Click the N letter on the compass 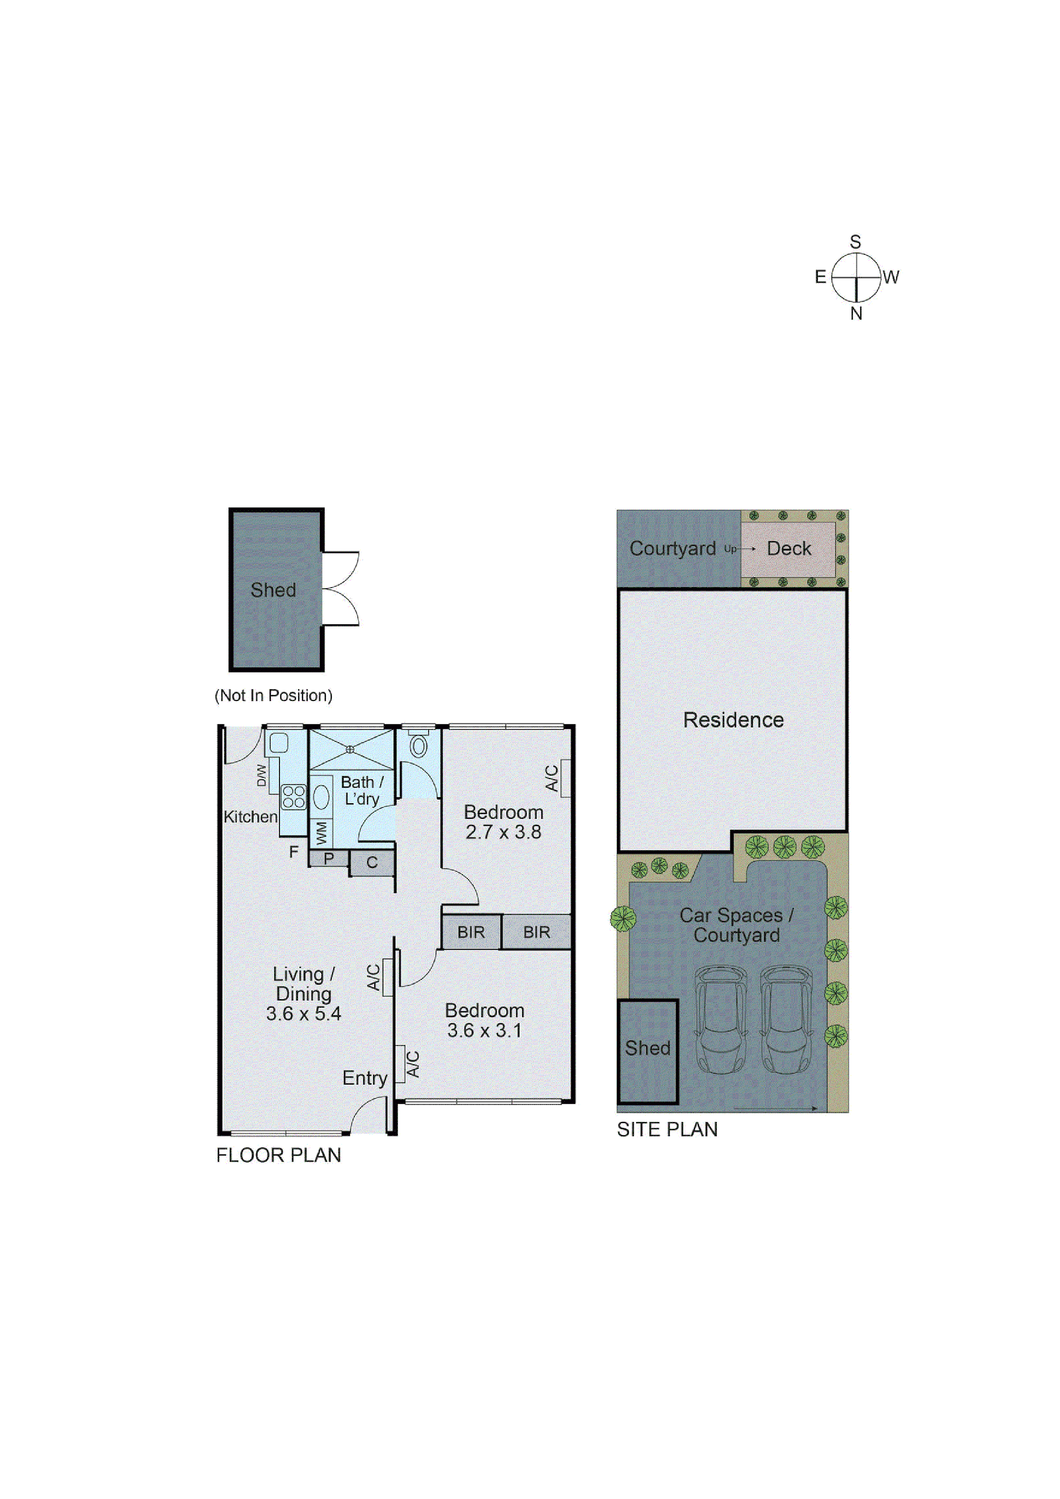pyautogui.click(x=856, y=313)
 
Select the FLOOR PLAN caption pyautogui.click(x=278, y=1155)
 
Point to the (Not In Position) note pyautogui.click(x=273, y=695)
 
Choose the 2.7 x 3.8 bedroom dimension pyautogui.click(x=503, y=832)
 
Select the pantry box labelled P pyautogui.click(x=329, y=858)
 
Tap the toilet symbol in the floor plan pyautogui.click(x=418, y=744)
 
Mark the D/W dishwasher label pyautogui.click(x=261, y=775)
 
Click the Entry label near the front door pyautogui.click(x=365, y=1078)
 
